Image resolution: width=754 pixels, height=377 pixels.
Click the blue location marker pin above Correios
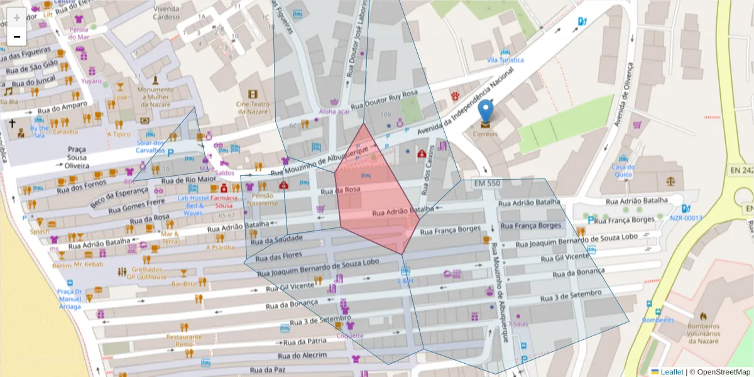pos(485,111)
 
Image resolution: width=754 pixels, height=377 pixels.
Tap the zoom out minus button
pos(17,37)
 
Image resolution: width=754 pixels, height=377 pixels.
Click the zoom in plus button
pos(17,17)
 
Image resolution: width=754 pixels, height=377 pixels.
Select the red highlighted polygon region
pos(371,195)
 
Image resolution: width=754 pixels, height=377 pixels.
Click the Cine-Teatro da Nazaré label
pos(253,107)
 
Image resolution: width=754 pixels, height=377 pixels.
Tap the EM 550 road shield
pos(488,183)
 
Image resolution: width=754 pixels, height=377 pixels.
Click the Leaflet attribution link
pos(672,372)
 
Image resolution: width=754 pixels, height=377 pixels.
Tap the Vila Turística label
pos(505,60)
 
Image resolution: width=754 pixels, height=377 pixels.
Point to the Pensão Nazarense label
pos(262,199)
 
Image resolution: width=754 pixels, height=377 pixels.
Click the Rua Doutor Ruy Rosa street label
pos(385,101)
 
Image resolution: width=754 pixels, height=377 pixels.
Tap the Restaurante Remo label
pos(184,340)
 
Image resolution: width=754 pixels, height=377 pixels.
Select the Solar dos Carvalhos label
pos(150,146)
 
